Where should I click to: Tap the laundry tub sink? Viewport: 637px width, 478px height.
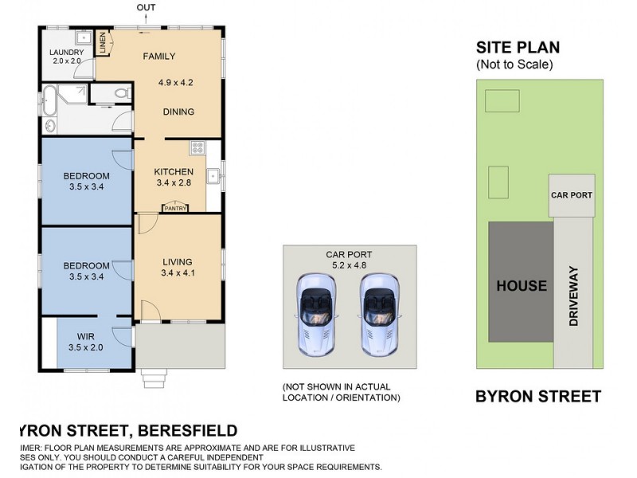coord(83,38)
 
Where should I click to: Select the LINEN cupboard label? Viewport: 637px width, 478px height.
coord(104,42)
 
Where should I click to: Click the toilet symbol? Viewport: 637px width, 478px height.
coord(120,94)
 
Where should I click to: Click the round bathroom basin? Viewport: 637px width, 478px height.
coord(49,125)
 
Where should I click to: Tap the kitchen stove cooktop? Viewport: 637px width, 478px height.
coord(197,149)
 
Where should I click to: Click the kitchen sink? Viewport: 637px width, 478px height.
coord(213,176)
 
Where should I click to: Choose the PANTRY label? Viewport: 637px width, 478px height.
coord(175,209)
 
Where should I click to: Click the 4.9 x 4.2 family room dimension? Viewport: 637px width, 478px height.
coord(175,82)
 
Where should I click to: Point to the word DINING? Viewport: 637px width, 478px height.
coord(178,112)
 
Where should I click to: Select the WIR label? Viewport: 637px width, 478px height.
coord(86,336)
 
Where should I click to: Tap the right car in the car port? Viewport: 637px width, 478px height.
coord(377,313)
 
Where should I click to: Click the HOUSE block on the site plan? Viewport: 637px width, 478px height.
coord(522,285)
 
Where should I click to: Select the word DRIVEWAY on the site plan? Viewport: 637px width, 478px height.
coord(573,295)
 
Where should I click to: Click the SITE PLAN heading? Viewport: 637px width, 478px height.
coord(518,48)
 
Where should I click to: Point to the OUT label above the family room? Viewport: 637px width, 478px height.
coord(147,9)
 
